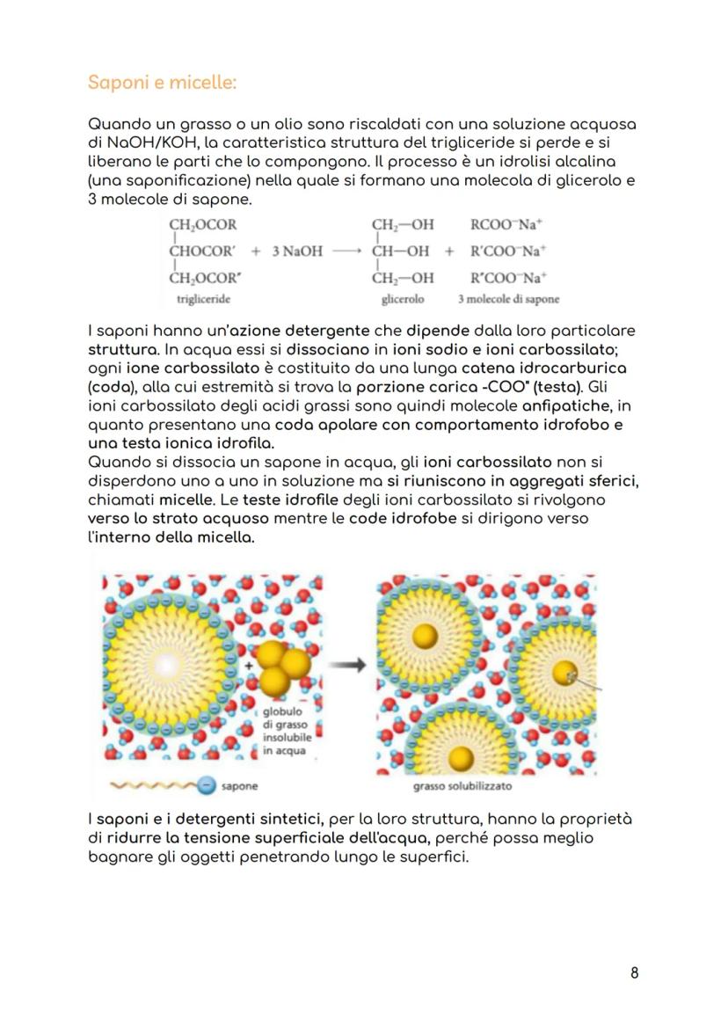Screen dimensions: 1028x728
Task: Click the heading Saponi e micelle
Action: click(x=163, y=84)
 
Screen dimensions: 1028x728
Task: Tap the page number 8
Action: click(x=635, y=972)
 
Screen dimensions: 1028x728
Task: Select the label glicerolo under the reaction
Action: click(x=403, y=299)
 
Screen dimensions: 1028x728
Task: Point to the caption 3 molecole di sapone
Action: click(x=508, y=299)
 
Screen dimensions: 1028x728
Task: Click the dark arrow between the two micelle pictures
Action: click(x=353, y=666)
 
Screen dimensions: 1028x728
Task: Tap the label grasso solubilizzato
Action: click(x=462, y=786)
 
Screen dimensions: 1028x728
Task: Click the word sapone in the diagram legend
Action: click(x=240, y=785)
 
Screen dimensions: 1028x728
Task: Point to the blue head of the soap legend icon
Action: click(x=205, y=785)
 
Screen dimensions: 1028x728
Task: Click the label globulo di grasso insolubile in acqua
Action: click(x=281, y=732)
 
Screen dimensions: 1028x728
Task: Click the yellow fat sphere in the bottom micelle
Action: click(x=457, y=758)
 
